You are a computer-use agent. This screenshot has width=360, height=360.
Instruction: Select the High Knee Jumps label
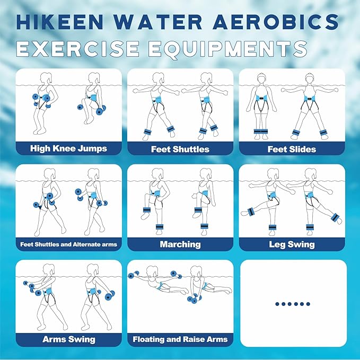(x=68, y=148)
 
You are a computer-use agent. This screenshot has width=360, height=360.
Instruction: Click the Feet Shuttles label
(x=180, y=149)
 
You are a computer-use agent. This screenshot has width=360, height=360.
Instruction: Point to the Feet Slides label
(x=292, y=149)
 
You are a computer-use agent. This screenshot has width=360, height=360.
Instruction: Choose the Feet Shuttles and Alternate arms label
(x=68, y=244)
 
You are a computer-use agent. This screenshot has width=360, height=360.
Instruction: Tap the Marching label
(x=180, y=244)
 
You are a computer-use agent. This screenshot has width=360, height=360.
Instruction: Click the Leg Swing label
(x=292, y=244)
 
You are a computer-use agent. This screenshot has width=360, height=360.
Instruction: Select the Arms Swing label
(x=68, y=339)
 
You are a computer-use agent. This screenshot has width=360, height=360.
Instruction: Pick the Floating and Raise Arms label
(x=180, y=339)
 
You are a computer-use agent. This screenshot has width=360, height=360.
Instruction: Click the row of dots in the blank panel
(x=293, y=304)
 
